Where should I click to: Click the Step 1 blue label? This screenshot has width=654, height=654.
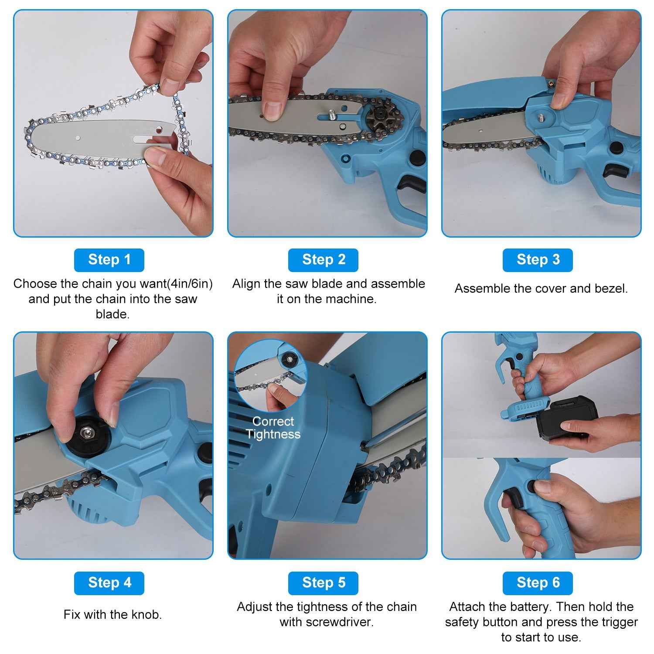[109, 260]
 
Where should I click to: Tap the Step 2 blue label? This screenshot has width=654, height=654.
[323, 260]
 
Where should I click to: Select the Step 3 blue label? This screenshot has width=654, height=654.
[538, 260]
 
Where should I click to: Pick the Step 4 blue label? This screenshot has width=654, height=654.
[109, 583]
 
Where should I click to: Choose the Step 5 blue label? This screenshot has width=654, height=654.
[323, 583]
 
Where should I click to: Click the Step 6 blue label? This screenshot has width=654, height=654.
[538, 583]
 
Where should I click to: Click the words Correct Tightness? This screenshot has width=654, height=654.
[273, 428]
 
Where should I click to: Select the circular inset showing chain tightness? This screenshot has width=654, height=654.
[271, 375]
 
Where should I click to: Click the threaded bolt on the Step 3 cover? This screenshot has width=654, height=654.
[541, 117]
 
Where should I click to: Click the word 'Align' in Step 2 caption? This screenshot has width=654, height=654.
[246, 284]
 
